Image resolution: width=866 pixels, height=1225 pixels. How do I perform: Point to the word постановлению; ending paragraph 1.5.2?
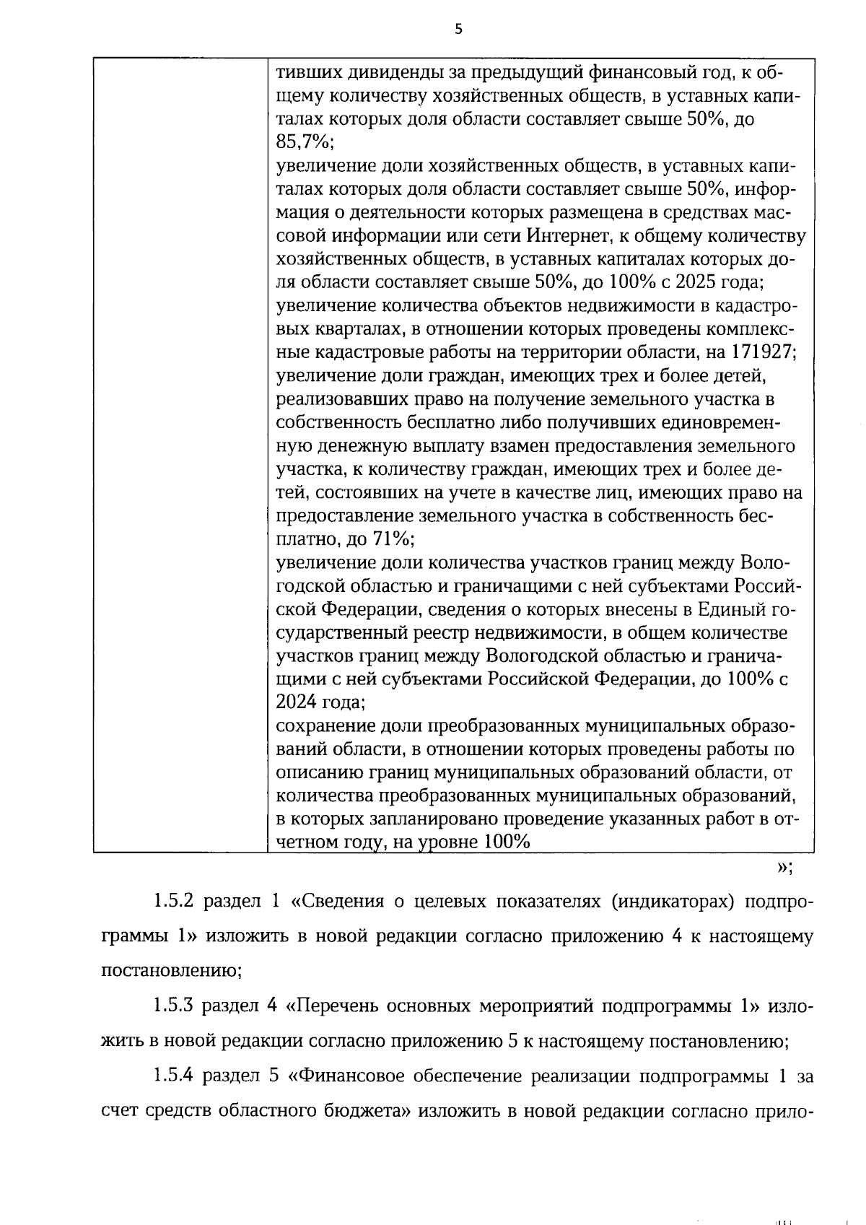click(171, 971)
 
